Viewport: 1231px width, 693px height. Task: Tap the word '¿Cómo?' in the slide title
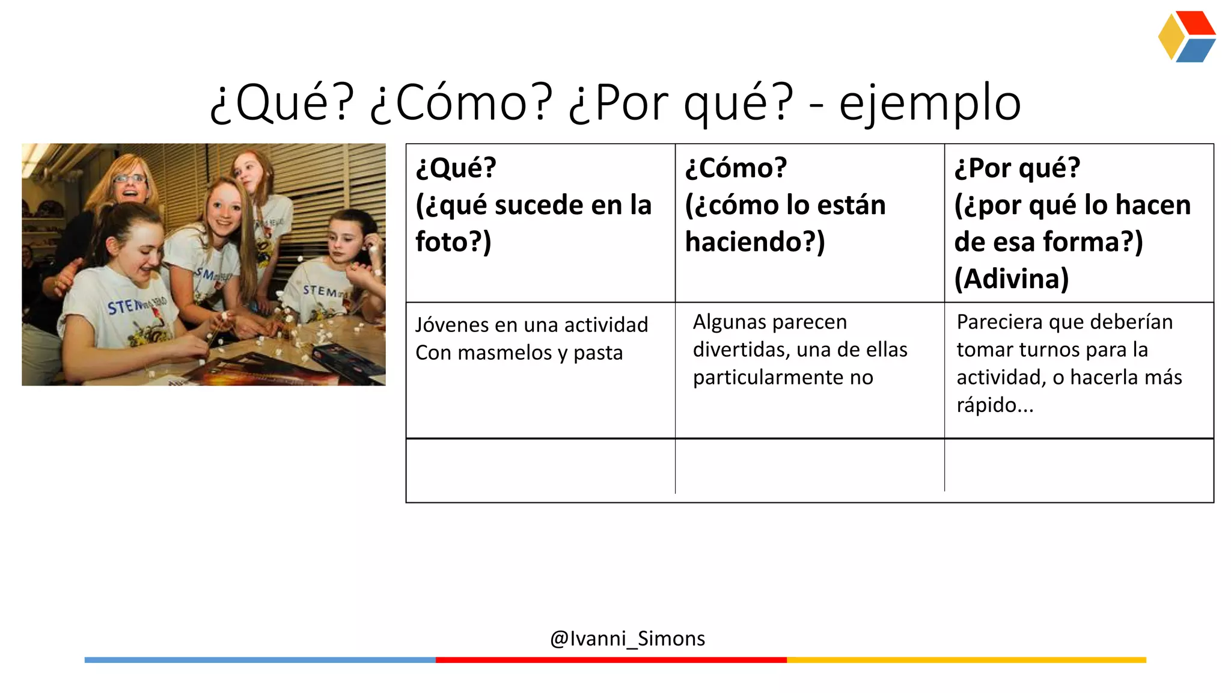click(460, 102)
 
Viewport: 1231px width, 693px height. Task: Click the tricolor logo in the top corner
click(1187, 37)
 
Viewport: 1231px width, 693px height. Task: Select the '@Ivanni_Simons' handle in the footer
click(628, 638)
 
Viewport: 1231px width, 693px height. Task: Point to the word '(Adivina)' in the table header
click(1012, 279)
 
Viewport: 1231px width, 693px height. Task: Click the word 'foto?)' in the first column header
click(453, 242)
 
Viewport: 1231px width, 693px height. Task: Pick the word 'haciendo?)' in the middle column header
click(755, 242)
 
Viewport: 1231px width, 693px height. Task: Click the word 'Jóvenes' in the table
click(453, 325)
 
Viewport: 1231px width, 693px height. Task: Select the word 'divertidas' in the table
click(740, 350)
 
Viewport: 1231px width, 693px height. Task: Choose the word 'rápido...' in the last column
click(995, 405)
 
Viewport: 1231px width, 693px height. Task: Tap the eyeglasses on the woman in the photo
click(129, 178)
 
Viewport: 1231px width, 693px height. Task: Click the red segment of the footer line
click(611, 660)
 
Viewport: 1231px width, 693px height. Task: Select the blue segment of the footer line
click(260, 660)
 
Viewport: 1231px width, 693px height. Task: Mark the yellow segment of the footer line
click(966, 660)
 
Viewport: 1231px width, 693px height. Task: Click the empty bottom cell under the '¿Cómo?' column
click(810, 470)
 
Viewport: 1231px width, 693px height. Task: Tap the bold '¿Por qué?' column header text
click(1017, 168)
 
